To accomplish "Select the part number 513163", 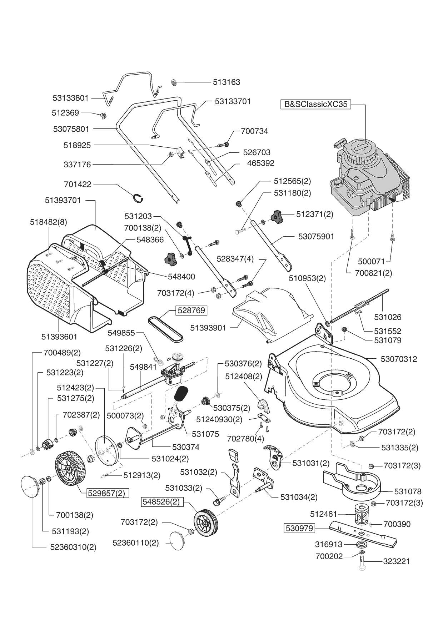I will (x=227, y=82).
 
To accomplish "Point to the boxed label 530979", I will (x=299, y=528).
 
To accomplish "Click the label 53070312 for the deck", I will (x=399, y=359).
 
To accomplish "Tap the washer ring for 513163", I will (x=174, y=82).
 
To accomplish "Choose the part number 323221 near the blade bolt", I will (x=397, y=561).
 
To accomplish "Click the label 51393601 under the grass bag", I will (x=59, y=337).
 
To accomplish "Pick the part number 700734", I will (x=254, y=131).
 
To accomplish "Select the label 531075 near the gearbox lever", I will (x=205, y=434).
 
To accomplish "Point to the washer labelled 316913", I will (x=362, y=545).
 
